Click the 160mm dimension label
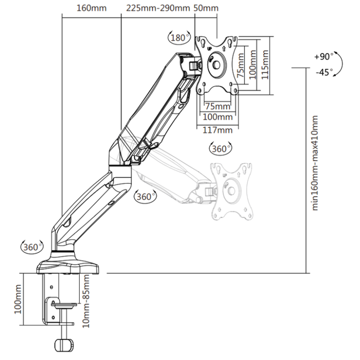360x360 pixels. pos(91,8)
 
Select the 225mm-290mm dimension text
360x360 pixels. pos(158,8)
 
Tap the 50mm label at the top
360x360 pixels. pos(206,8)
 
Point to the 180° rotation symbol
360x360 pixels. pos(179,38)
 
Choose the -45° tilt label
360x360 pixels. pos(324,73)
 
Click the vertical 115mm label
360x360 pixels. pos(265,65)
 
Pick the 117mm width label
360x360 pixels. pos(218,130)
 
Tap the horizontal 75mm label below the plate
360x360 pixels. pos(218,106)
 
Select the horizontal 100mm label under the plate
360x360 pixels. pos(218,117)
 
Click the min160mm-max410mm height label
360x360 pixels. pos(315,163)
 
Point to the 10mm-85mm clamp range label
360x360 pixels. pos(86,301)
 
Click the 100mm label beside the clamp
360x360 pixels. pos(18,299)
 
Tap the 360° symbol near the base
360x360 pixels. pos(32,247)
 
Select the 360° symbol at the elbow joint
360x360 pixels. pos(145,197)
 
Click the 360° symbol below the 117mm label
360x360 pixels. pos(220,148)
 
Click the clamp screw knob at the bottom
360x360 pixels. pos(64,345)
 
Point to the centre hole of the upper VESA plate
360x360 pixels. pos(216,65)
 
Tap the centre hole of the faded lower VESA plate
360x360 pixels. pos(231,191)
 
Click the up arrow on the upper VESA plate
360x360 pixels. pos(224,48)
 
